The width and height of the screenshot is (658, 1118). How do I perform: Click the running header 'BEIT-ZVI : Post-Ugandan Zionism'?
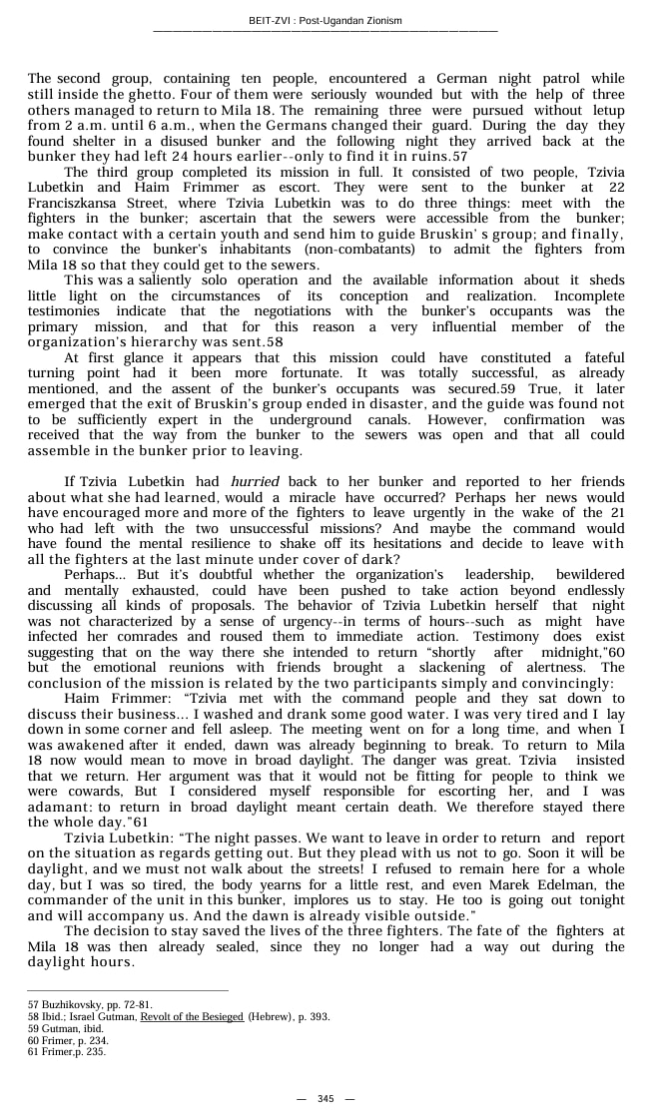(326, 21)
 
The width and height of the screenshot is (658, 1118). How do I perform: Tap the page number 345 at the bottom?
(326, 1098)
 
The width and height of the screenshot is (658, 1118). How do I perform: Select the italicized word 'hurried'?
(255, 482)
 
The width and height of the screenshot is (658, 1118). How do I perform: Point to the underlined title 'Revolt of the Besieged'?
(192, 1016)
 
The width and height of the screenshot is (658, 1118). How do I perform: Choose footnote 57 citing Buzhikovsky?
(90, 1004)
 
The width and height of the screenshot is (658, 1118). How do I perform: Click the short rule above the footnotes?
(128, 991)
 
